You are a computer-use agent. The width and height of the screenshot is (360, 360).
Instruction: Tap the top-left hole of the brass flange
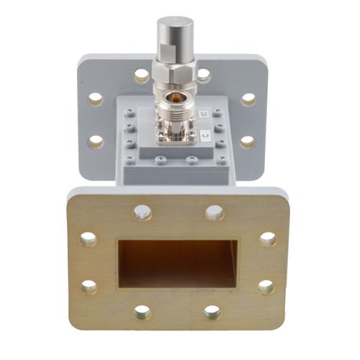143,212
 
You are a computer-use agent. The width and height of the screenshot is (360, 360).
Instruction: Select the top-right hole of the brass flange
215,212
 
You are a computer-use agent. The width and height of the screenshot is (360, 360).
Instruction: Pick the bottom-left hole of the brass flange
143,312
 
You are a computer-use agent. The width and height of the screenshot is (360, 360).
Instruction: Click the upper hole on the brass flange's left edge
89,240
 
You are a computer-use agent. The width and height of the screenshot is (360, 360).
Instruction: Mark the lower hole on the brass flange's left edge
89,287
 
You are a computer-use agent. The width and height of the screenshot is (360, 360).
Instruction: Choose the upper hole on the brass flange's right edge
268,240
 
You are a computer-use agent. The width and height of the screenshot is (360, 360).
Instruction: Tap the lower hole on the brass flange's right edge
266,287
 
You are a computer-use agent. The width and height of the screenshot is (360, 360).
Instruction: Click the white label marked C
205,135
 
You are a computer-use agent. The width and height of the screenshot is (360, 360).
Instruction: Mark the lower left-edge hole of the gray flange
96,141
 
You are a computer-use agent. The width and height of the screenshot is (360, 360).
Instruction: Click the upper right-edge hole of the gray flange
249,99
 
